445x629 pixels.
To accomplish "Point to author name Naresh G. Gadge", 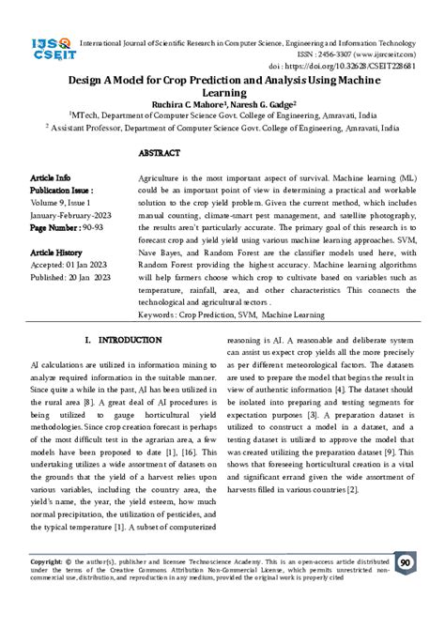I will (263, 106).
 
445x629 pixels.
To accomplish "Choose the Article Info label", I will (51, 177).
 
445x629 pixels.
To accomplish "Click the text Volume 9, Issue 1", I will (63, 201).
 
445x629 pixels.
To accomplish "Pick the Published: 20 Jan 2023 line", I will (72, 279).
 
